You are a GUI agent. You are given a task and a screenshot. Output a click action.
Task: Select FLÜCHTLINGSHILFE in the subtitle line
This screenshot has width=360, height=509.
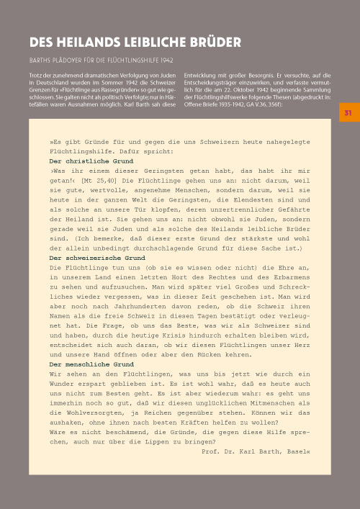128,58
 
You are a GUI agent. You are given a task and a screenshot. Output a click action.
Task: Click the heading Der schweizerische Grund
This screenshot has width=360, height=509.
96,257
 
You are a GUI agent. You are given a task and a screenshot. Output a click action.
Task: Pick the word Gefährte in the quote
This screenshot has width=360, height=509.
292,225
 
